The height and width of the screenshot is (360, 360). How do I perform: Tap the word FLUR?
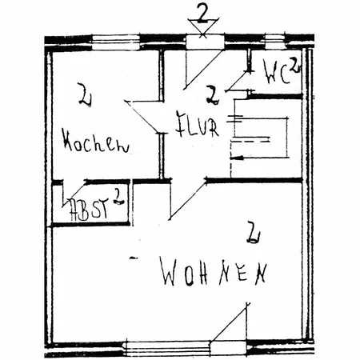point(197,125)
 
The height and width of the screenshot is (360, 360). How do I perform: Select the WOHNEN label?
point(214,272)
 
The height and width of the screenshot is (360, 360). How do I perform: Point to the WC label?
point(276,72)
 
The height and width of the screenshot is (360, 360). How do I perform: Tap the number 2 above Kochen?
point(86,94)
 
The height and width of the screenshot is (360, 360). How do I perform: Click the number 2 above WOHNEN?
point(253,232)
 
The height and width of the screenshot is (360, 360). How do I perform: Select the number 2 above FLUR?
point(213,95)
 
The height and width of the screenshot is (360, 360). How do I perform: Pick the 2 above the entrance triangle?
point(203,13)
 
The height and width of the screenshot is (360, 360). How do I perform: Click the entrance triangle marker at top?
point(203,27)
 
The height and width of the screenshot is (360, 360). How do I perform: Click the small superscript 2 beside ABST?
point(118,196)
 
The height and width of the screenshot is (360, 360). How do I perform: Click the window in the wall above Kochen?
point(116,42)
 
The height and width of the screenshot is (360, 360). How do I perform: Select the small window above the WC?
point(275,42)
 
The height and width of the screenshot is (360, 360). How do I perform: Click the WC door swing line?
point(238,80)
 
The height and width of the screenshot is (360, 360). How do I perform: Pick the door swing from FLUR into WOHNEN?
point(187,200)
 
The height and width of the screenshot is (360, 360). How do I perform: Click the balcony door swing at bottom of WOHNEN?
point(229,322)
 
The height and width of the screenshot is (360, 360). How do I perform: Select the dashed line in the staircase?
point(250,139)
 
